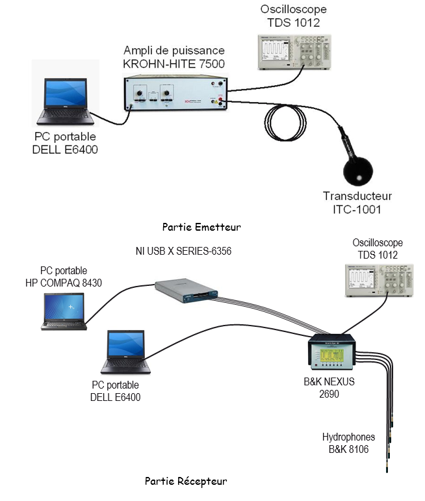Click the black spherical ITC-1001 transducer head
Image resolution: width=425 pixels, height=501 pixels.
click(358, 172)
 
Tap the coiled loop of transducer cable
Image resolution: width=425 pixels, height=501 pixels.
click(265, 123)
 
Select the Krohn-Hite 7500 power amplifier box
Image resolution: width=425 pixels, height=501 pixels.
click(175, 93)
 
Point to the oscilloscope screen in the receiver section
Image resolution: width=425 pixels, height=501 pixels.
click(362, 280)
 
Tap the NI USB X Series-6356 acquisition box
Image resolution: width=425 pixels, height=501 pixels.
click(187, 290)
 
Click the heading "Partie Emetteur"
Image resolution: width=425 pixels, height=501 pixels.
click(201, 227)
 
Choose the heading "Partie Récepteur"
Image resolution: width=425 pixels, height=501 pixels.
click(186, 482)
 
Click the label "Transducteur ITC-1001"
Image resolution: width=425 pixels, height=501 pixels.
click(357, 203)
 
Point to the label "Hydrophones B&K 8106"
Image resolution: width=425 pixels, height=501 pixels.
click(348, 443)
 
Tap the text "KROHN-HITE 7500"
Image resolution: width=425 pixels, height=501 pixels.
click(174, 64)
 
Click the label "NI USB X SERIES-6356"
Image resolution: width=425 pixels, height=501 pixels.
click(183, 251)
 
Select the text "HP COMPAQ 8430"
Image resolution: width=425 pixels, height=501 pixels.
click(64, 283)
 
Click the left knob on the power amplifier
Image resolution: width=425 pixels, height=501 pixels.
click(139, 94)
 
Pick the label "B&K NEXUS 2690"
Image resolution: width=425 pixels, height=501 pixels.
click(329, 387)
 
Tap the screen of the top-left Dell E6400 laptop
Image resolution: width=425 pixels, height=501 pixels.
click(66, 93)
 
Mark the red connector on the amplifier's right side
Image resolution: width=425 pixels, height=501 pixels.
click(220, 100)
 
